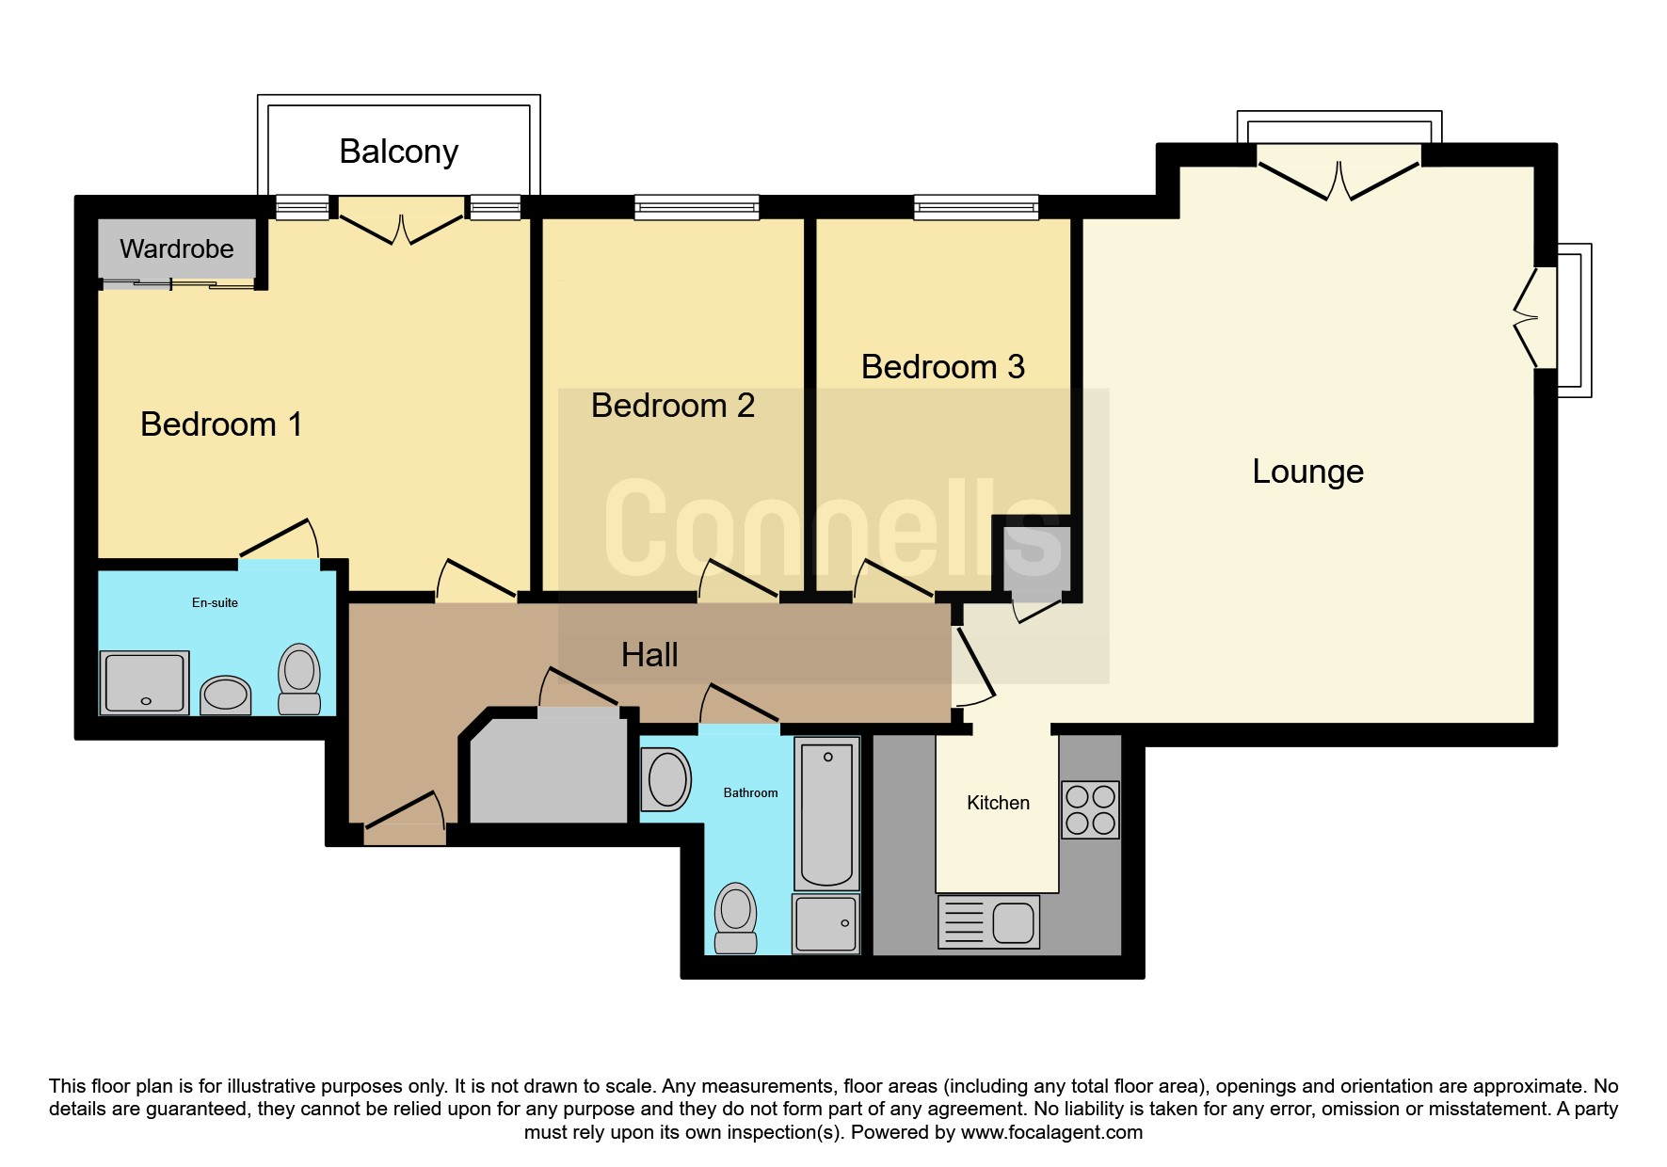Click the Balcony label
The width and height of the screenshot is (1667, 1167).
[x=398, y=152]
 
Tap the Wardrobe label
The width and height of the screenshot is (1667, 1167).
[x=177, y=248]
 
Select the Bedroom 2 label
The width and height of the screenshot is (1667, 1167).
[x=673, y=406]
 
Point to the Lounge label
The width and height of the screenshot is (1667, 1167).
[x=1307, y=471]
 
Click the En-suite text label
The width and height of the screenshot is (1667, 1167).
[x=215, y=602]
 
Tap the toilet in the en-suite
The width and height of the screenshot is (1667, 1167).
[x=299, y=679]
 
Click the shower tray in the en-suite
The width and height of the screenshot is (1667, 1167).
[x=146, y=682]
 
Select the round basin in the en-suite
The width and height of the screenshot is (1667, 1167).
[x=226, y=695]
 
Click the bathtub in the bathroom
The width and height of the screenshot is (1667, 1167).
[x=826, y=813]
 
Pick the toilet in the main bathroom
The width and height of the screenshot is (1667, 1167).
[x=736, y=918]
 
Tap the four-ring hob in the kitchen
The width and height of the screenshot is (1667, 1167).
[x=1090, y=809]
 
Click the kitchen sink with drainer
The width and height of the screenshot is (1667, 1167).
[x=989, y=921]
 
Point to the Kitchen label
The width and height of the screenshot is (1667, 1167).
[x=998, y=803]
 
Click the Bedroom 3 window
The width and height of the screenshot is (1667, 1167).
[x=976, y=207]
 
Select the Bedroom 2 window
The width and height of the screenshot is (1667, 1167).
[x=697, y=207]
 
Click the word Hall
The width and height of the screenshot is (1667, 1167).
[x=649, y=655]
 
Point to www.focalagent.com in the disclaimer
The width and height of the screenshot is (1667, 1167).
[x=1051, y=1132]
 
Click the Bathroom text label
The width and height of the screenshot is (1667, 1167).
[x=750, y=792]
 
